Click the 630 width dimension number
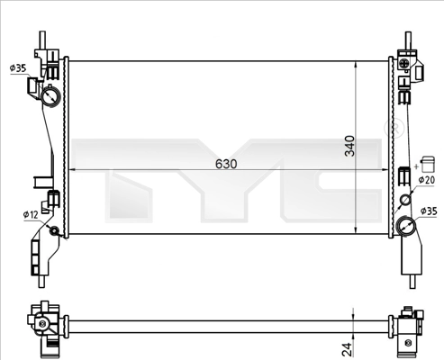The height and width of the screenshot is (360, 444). pyautogui.click(x=226, y=164)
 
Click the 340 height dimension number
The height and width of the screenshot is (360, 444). pyautogui.click(x=349, y=146)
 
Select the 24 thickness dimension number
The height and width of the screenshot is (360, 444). pyautogui.click(x=347, y=349)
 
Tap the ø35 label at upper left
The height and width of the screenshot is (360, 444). pyautogui.click(x=18, y=68)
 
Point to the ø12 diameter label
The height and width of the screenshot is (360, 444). pyautogui.click(x=31, y=214)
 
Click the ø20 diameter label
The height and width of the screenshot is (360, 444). pyautogui.click(x=427, y=180)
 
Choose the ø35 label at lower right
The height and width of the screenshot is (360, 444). pyautogui.click(x=429, y=211)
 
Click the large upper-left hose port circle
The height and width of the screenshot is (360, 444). pyautogui.click(x=50, y=96)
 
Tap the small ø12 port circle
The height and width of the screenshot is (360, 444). pyautogui.click(x=54, y=231)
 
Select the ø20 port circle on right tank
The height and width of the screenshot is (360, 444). pyautogui.click(x=405, y=200)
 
